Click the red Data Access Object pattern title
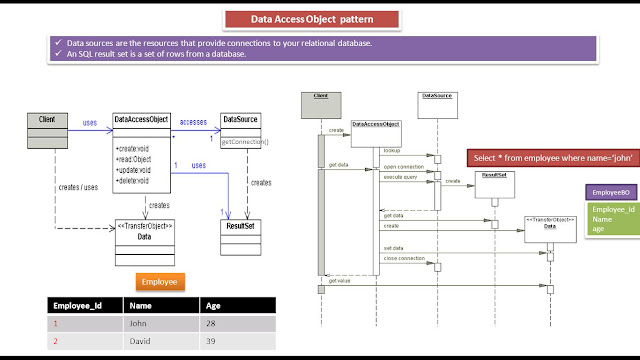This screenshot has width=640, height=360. pos(320,19)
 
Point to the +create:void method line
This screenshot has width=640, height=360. pos(133,148)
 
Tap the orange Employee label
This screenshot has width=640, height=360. pos(160,283)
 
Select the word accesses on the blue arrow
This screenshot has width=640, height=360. pos(194,121)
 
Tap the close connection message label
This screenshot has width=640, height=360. pos(404,258)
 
